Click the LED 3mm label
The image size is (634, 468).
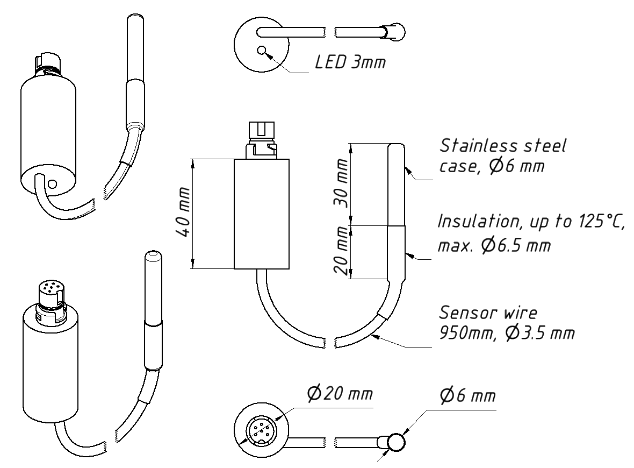350,62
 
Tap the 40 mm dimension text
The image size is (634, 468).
183,212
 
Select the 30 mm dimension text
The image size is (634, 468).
342,183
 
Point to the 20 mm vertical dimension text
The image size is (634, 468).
342,251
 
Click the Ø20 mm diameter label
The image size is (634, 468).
340,393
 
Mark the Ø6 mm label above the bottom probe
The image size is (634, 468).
468,395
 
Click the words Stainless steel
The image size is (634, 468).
502,146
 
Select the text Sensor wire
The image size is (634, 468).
488,313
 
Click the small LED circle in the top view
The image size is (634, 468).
262,51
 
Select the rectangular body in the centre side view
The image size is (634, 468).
262,214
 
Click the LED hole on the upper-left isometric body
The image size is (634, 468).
52,184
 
